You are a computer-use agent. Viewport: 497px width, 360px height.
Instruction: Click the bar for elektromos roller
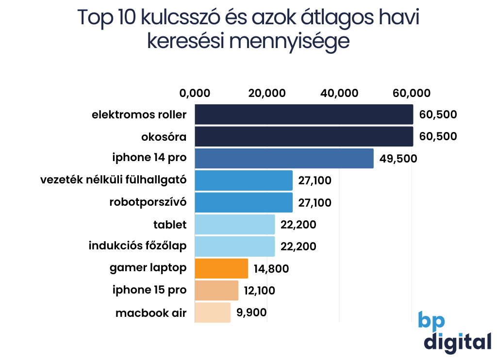point(304,115)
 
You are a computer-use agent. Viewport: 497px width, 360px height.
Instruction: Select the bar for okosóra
point(304,136)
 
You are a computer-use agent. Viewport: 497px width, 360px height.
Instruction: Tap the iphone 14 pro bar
point(284,159)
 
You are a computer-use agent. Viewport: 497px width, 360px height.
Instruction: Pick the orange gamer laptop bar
point(221,268)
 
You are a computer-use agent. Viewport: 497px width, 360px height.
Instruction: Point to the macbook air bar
point(213,312)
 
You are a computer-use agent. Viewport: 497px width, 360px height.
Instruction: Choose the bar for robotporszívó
point(244,202)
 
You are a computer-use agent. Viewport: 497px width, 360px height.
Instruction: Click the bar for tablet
point(235,225)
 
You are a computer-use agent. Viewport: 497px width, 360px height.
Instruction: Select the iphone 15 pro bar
point(216,290)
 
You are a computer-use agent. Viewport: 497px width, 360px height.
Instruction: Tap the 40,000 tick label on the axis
point(340,93)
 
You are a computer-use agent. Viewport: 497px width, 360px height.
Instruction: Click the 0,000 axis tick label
point(195,93)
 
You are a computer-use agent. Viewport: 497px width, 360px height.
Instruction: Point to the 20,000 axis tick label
point(267,93)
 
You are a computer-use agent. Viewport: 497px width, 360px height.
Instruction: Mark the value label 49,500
point(398,159)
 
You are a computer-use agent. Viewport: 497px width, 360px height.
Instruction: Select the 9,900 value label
point(251,312)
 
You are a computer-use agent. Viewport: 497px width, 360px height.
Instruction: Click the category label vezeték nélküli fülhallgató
point(114,180)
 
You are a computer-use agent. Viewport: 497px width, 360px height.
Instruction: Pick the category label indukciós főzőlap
point(137,246)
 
